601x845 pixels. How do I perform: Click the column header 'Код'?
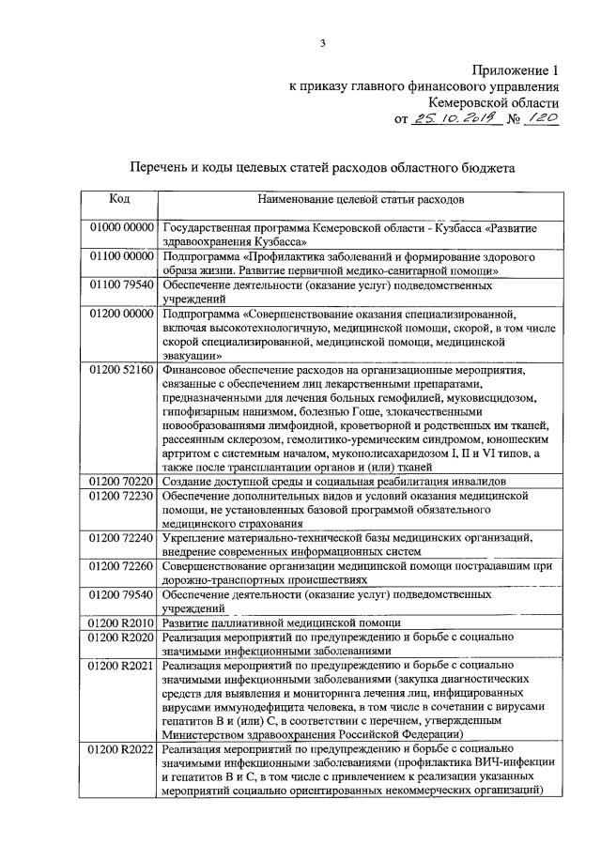click(119, 199)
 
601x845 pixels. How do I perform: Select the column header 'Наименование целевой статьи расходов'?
click(359, 199)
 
